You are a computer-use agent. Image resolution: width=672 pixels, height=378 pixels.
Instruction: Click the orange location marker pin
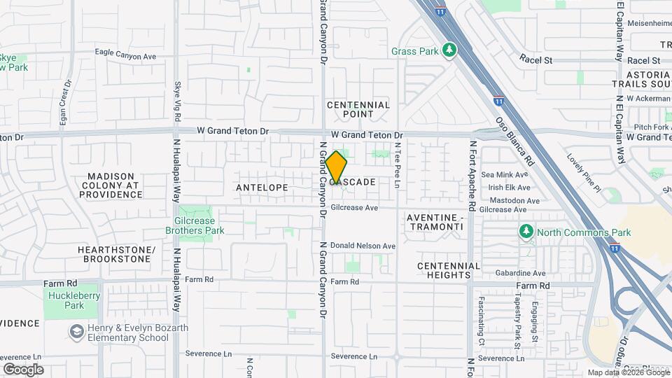[x=336, y=168]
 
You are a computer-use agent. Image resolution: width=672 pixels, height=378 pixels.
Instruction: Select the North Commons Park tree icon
[x=526, y=232]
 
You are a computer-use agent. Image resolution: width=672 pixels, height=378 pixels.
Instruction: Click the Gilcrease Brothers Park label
[x=195, y=225]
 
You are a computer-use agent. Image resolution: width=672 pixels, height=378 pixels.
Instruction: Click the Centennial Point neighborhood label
[x=358, y=109]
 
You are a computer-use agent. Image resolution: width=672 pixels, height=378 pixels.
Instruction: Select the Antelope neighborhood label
[x=262, y=188]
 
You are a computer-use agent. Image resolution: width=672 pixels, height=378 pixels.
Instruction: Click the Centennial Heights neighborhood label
[x=449, y=270]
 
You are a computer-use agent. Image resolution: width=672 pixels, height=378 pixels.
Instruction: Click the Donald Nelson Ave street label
[x=363, y=246]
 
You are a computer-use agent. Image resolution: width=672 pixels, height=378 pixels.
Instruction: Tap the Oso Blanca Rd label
[x=514, y=141]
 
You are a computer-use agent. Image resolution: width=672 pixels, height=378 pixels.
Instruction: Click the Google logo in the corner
[x=23, y=370]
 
